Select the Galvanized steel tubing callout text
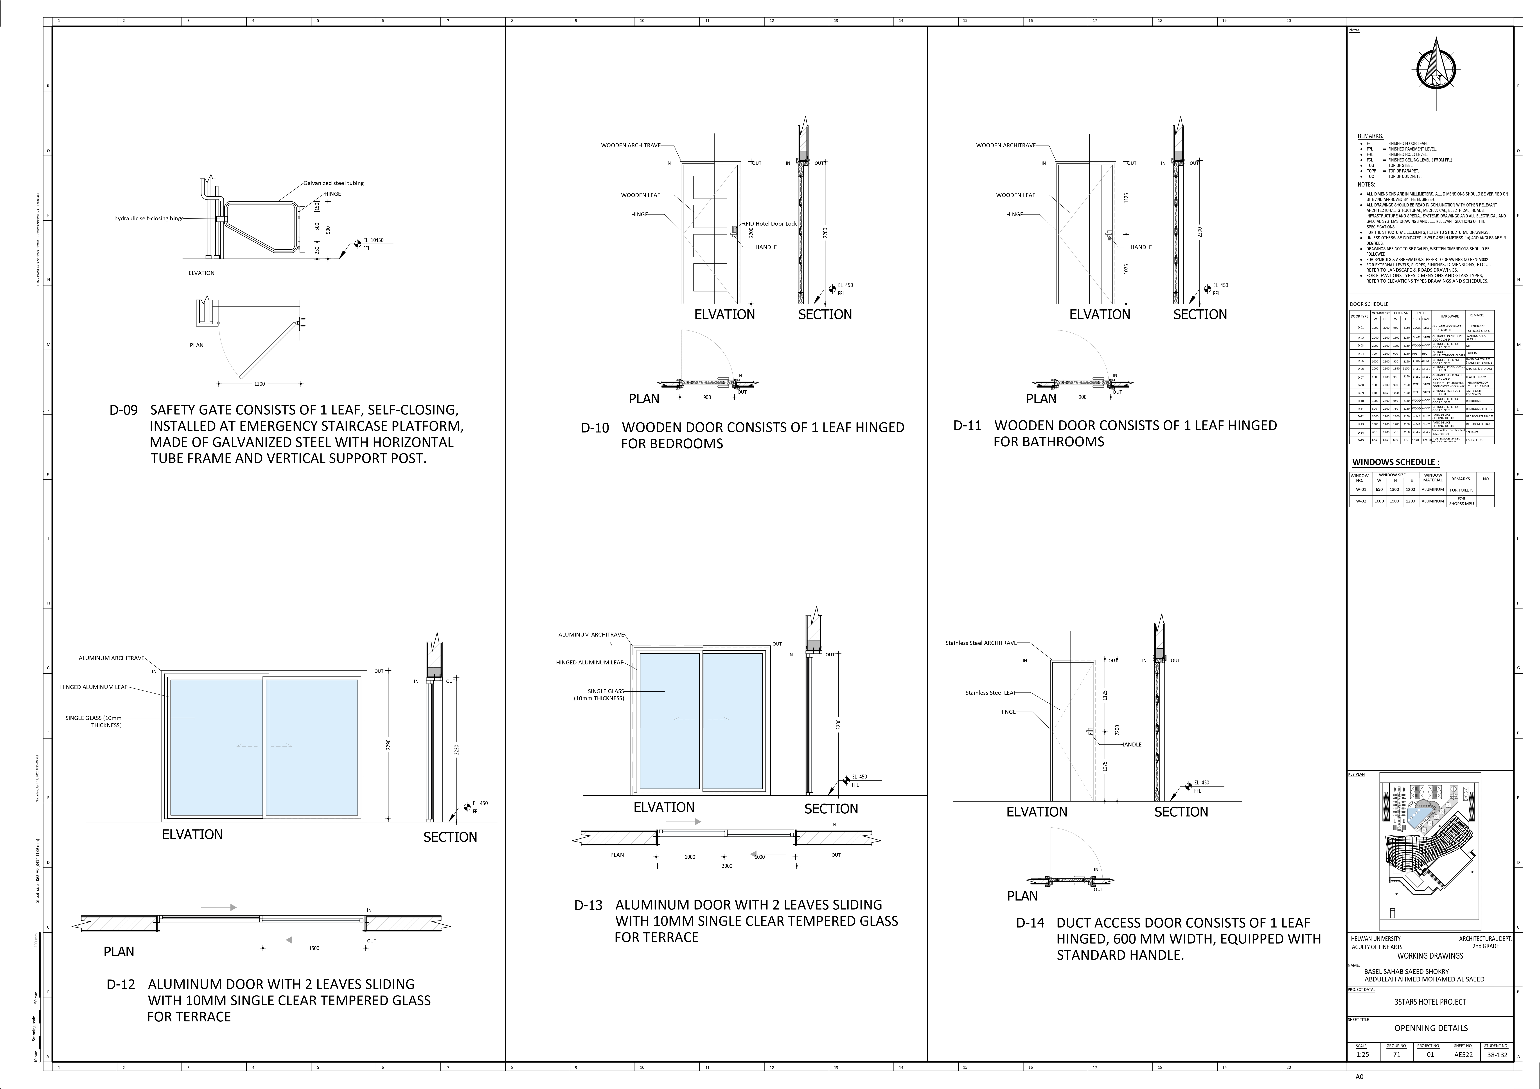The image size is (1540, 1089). [x=333, y=183]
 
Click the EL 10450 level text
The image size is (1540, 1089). [x=374, y=240]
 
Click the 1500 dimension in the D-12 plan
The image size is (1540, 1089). [x=314, y=948]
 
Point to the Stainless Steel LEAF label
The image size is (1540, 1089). [x=990, y=693]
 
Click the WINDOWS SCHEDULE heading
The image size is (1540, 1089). [x=1395, y=462]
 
